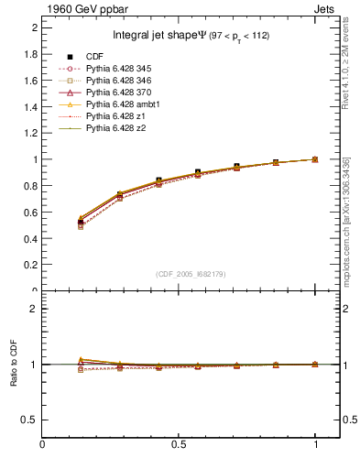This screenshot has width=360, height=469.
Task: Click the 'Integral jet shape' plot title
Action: (191, 36)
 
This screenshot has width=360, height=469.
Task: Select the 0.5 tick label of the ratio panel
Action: (30, 420)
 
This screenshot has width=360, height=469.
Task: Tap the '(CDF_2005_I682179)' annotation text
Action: (191, 274)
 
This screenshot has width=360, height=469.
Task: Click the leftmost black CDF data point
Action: (81, 223)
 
